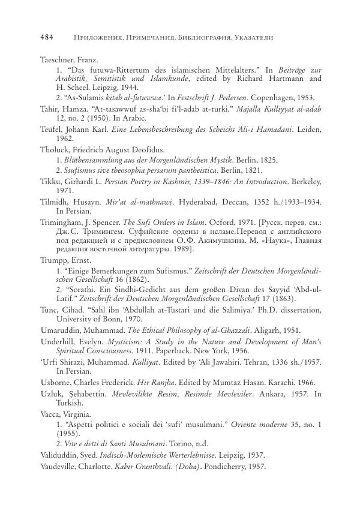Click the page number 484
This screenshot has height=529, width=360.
[x=47, y=37]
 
